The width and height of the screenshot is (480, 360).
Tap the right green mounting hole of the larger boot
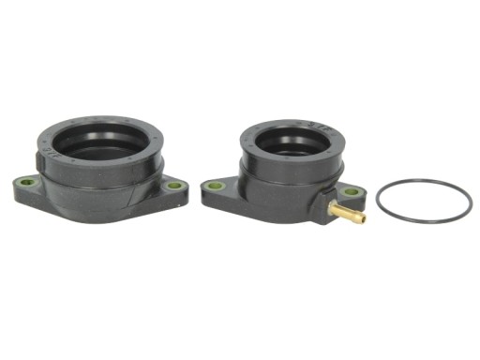click(x=174, y=186)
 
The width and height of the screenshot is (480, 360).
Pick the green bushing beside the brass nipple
click(x=351, y=191)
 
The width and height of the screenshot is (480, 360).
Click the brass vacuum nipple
click(x=348, y=215)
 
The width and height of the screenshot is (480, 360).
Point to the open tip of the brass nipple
click(x=363, y=219)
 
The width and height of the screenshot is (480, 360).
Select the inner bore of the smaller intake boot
click(x=291, y=142)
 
